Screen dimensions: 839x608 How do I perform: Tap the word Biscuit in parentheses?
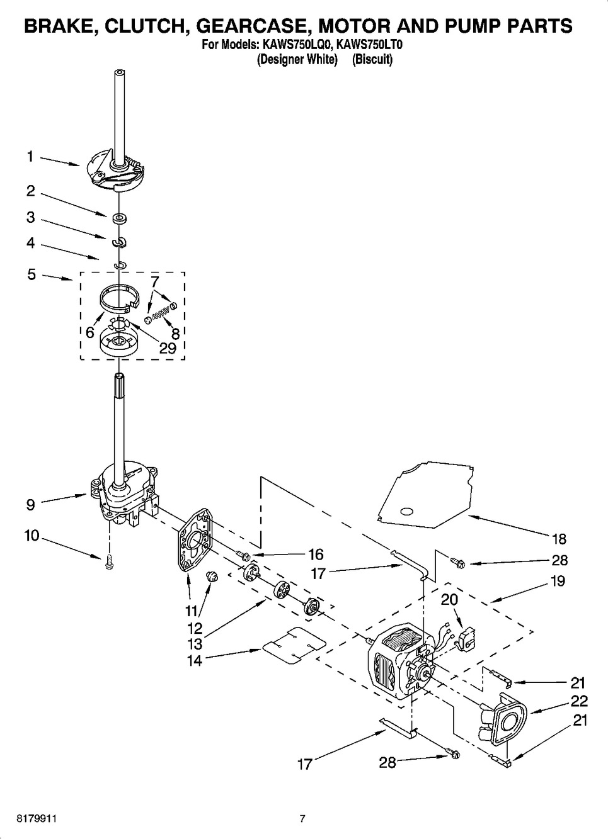[x=372, y=60]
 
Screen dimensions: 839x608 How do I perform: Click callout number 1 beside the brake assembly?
[x=30, y=157]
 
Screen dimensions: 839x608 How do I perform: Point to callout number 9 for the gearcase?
[x=30, y=504]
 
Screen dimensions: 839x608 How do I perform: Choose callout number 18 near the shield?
[x=558, y=539]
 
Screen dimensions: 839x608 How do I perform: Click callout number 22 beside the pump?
[x=578, y=701]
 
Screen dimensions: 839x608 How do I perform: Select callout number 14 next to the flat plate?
[x=195, y=660]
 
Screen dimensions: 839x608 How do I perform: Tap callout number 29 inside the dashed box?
[x=167, y=348]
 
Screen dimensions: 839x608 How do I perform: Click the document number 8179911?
[x=28, y=819]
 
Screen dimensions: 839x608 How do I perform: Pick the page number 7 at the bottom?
[x=302, y=819]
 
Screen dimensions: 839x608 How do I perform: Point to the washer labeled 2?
[x=118, y=218]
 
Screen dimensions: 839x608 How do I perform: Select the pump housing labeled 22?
[x=504, y=719]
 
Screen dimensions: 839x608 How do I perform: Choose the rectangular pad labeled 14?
[x=294, y=646]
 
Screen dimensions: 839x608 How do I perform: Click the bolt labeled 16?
[x=245, y=555]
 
